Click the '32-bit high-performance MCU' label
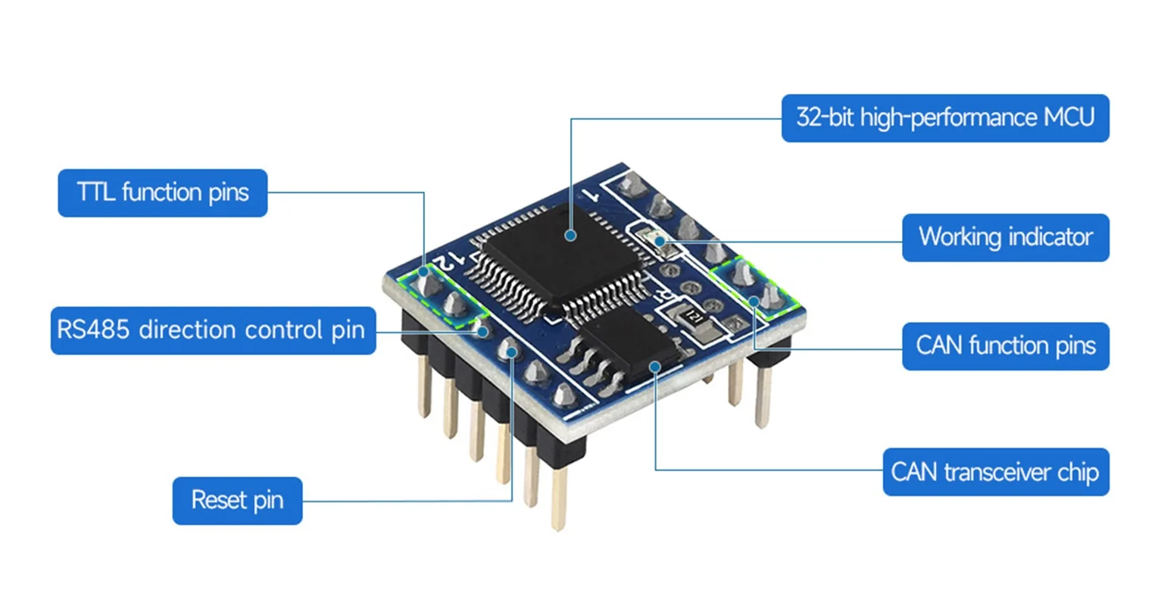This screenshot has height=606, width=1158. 944,118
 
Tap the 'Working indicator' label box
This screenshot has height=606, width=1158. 1005,237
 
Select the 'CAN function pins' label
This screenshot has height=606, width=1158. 1005,346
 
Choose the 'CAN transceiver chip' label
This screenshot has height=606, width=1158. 995,473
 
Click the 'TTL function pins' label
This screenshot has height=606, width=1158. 163,192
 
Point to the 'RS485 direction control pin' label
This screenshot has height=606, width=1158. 213,330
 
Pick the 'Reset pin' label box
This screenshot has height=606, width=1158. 237,501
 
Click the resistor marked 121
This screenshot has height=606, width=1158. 692,317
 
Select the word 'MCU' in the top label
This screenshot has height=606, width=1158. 1069,118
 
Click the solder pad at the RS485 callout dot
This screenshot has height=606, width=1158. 480,330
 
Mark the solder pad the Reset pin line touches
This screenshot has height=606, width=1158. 511,351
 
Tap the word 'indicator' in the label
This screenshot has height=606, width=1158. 1050,237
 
